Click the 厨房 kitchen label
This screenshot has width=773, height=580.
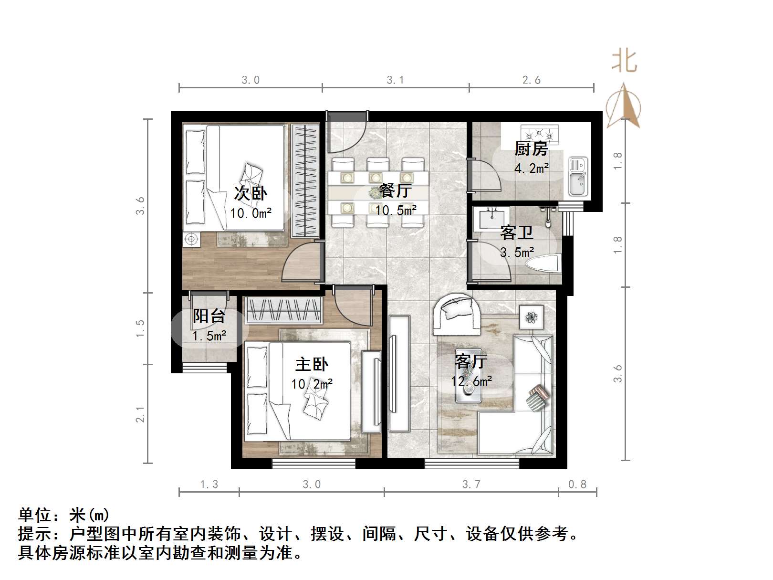(x=531, y=149)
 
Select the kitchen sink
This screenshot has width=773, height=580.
(x=578, y=177)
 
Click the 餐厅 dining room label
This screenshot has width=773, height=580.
(x=395, y=190)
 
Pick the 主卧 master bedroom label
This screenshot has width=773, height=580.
(x=312, y=365)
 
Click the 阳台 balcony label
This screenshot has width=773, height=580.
(x=209, y=316)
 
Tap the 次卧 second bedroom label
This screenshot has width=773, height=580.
(x=251, y=193)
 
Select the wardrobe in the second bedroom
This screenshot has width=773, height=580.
(x=305, y=181)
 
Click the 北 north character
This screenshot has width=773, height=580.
(x=624, y=62)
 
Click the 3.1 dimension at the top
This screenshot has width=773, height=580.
(x=395, y=80)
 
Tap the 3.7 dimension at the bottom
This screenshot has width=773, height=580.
(x=471, y=485)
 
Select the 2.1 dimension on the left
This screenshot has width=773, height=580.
(x=140, y=414)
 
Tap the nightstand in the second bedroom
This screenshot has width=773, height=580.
(x=192, y=239)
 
